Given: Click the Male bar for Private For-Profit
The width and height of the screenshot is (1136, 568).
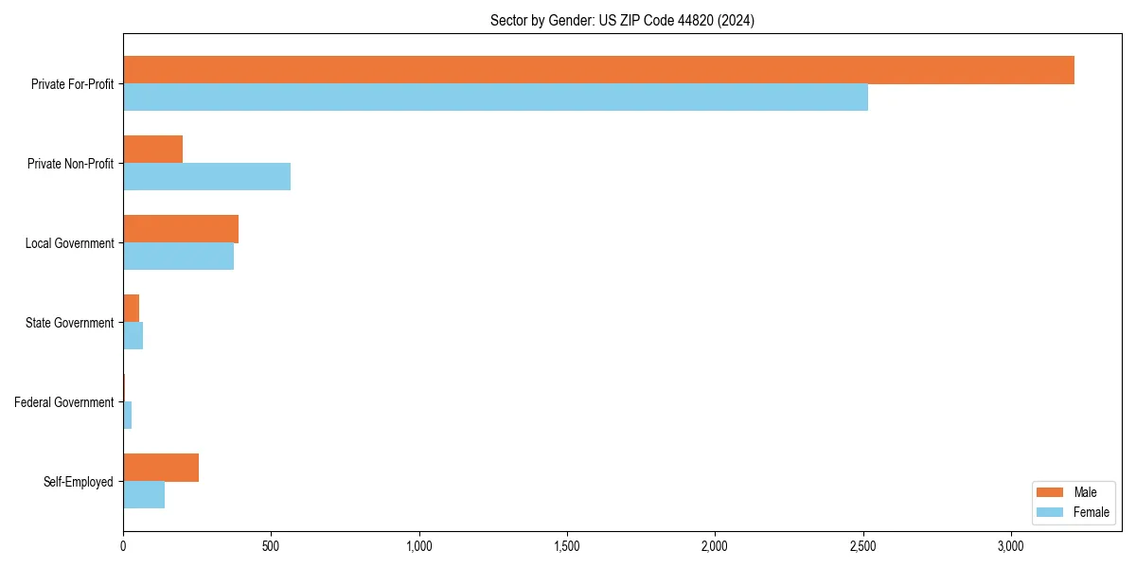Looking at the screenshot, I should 598,70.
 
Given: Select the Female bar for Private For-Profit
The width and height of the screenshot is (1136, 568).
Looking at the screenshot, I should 495,98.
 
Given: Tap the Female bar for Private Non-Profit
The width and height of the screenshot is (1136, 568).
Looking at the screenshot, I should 206,177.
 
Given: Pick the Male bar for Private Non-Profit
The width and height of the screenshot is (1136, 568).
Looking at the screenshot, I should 152,150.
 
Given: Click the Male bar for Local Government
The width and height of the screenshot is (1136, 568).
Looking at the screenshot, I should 181,229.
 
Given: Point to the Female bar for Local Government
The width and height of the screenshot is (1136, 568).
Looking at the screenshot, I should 178,257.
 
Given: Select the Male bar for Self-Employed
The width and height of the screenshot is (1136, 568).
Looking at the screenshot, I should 161,468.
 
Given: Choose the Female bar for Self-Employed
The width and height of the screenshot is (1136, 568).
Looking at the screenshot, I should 144,495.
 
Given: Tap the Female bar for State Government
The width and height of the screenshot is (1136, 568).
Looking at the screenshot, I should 133,336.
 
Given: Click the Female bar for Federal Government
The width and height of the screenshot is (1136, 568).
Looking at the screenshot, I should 127,416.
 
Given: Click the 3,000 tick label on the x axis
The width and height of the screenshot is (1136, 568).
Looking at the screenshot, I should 1011,546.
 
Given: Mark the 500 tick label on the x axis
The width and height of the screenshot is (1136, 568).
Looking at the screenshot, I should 271,546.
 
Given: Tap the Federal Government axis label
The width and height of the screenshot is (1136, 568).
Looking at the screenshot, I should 63,402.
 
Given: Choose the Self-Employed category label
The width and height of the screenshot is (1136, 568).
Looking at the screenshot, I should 78,482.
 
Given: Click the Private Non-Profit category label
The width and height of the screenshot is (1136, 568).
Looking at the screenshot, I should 70,164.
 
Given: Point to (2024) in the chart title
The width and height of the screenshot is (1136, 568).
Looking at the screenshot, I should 736,20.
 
